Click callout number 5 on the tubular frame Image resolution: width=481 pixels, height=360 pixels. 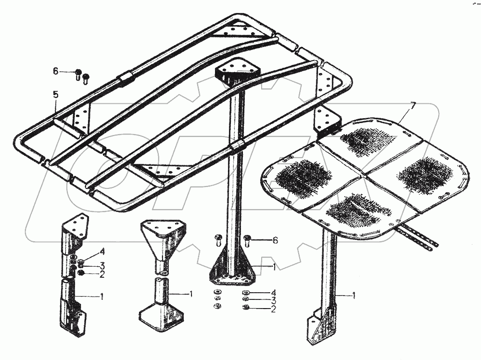[55, 95]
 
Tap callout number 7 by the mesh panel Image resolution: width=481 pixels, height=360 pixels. [412, 105]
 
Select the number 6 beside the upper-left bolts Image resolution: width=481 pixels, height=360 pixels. [56, 71]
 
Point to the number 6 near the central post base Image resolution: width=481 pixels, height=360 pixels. [275, 241]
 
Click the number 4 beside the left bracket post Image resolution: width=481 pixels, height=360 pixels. [102, 251]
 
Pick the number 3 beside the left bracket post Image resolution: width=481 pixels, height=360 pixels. [102, 265]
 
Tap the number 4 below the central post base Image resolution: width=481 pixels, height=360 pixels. [273, 293]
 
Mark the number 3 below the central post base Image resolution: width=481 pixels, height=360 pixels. [273, 301]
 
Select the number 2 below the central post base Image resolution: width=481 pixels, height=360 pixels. [273, 310]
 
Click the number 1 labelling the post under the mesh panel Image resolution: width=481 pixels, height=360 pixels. [354, 296]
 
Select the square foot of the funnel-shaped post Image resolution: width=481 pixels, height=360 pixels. [161, 318]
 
